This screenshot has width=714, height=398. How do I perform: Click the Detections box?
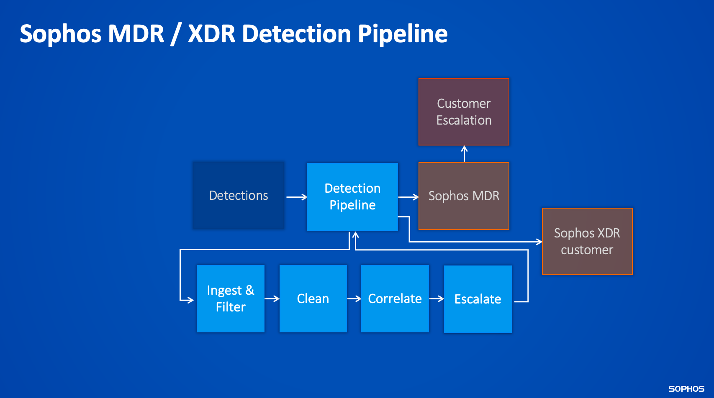pos(239,195)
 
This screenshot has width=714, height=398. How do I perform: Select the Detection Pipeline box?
pos(352,196)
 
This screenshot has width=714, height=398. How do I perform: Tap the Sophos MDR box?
pos(464,196)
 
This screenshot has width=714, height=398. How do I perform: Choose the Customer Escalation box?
pos(464,112)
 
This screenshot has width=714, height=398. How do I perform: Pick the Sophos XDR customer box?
pos(587,241)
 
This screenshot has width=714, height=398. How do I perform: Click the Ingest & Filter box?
pos(231,298)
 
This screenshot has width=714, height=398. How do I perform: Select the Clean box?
pos(313,298)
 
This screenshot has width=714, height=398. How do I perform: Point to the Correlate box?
pos(395,298)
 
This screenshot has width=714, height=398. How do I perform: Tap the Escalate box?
pos(478,299)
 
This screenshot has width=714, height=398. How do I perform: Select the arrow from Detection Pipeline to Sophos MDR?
pos(408,197)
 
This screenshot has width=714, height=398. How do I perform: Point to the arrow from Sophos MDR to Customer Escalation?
pos(464,153)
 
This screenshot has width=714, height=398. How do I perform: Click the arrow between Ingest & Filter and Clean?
pos(272,298)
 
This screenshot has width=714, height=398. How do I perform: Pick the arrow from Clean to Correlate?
pos(354,298)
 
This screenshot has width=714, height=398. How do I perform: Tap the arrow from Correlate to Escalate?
pos(437,298)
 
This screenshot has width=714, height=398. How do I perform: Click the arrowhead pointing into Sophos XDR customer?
pos(539,242)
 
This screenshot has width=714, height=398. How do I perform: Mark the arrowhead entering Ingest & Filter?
pos(190,300)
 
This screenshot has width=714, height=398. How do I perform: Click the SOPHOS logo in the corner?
pos(686,389)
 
